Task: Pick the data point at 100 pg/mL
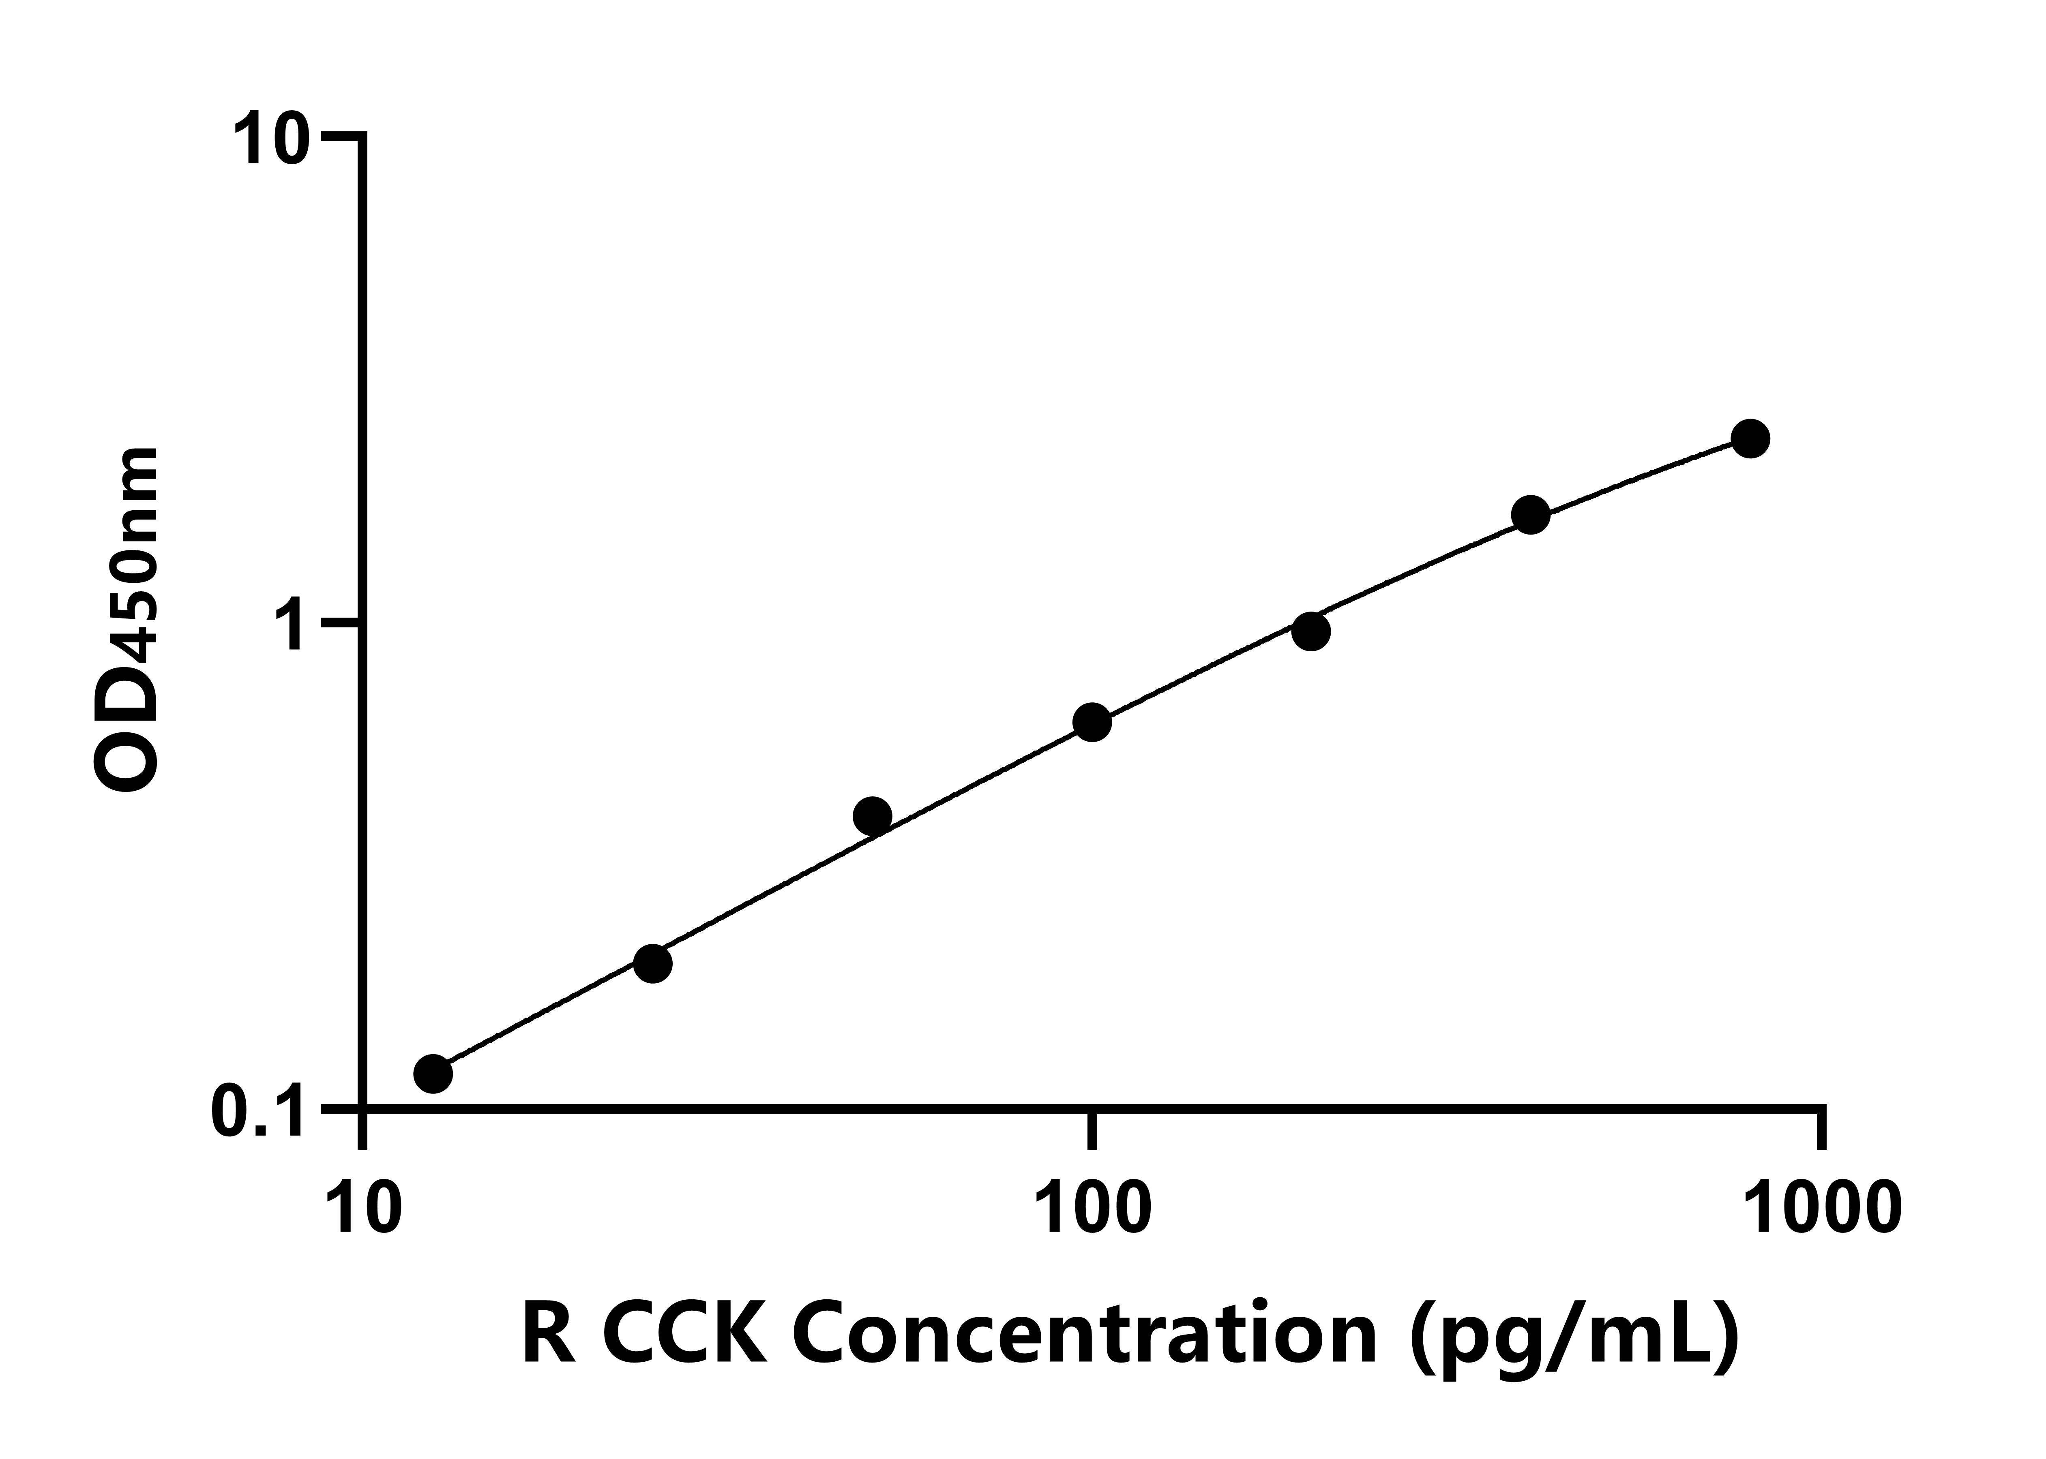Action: coord(1092,722)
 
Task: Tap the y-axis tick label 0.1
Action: coord(256,1110)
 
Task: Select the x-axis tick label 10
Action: coord(363,1211)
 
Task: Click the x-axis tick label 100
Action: coord(1092,1211)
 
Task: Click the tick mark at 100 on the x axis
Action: coord(1092,1130)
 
